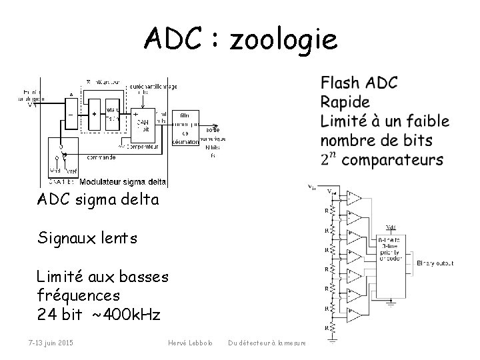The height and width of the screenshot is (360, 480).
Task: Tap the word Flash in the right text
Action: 341,83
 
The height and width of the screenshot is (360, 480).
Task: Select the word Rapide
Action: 345,102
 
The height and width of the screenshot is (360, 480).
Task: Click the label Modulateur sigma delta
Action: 123,181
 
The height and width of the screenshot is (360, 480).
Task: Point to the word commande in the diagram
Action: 100,157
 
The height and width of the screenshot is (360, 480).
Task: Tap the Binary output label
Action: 435,263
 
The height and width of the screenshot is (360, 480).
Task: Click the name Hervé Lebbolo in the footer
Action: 191,343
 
